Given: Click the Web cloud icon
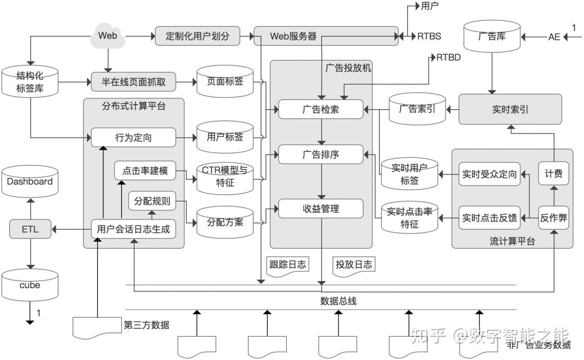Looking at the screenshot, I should (x=108, y=36).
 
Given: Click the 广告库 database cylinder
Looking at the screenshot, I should (x=492, y=37).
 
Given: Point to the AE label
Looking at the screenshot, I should (x=554, y=37).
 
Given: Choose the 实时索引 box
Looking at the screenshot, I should (x=510, y=109).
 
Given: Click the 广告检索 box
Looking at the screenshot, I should (x=321, y=109).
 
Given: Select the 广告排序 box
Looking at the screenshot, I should (x=321, y=155).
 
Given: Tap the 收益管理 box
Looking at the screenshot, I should (x=321, y=209).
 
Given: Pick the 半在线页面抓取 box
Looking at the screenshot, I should (x=134, y=82).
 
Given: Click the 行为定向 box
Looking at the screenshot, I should (x=134, y=137).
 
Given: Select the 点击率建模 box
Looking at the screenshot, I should (x=145, y=171).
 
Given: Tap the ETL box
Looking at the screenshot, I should (x=30, y=229).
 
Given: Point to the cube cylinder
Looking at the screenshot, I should (x=30, y=285).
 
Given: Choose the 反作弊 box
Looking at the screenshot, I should (x=554, y=218).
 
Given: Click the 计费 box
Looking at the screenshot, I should (x=554, y=174).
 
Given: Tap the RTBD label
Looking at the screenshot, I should (x=448, y=57).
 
